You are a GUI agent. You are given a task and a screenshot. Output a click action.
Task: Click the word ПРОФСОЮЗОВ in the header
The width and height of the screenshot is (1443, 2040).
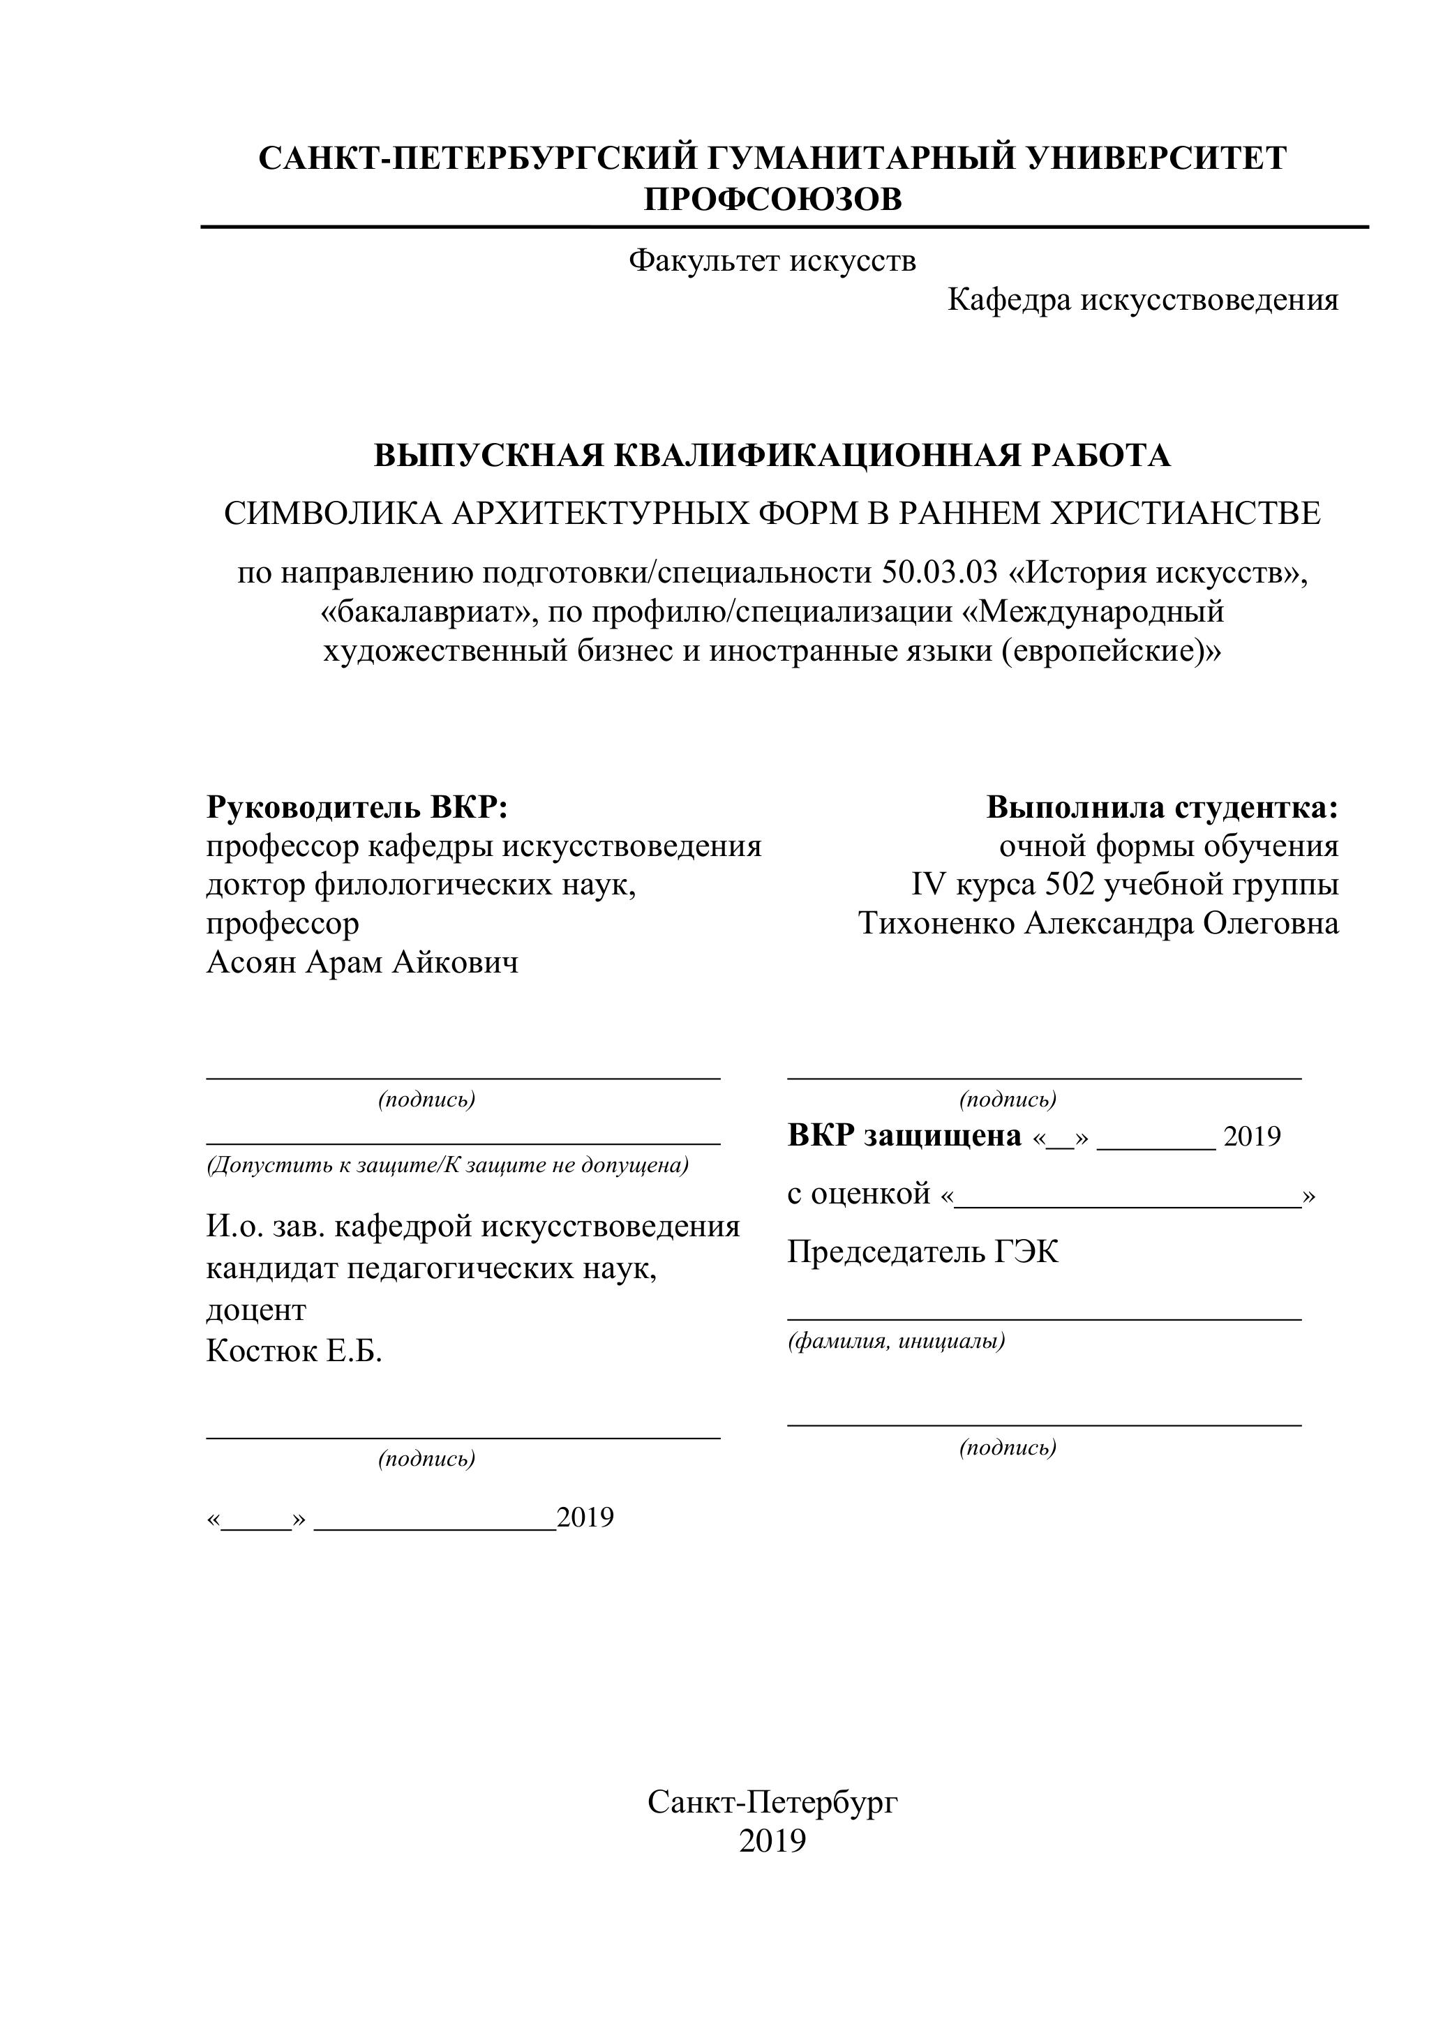pos(772,199)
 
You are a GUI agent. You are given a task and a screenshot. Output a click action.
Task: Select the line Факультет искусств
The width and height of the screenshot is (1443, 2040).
pos(772,260)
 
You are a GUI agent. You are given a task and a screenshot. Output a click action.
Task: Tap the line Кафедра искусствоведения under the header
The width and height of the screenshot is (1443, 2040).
pos(1143,300)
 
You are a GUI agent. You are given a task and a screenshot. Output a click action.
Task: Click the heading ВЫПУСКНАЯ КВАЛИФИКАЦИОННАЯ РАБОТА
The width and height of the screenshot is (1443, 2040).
pos(772,455)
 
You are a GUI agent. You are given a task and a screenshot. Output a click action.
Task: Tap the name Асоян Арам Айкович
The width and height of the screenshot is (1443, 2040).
pos(363,961)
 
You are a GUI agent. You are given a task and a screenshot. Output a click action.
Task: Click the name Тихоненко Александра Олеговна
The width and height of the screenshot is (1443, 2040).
pos(1098,923)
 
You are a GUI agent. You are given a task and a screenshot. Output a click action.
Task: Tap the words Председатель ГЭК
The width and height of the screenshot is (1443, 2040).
pos(922,1252)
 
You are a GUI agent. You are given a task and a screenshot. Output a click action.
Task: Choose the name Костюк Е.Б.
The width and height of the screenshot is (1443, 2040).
pos(294,1351)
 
